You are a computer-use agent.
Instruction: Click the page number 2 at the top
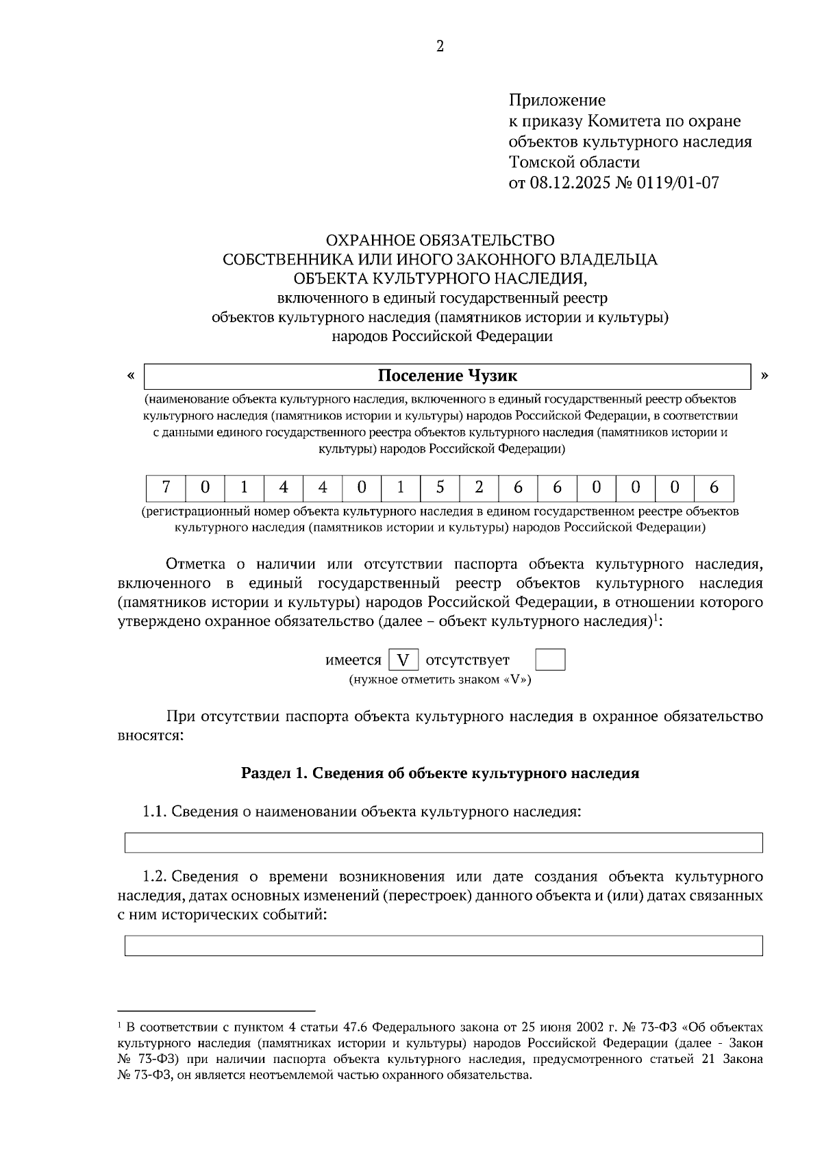point(440,47)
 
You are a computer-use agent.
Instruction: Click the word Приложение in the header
point(556,101)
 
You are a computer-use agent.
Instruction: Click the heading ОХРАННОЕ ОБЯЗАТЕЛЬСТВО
point(440,240)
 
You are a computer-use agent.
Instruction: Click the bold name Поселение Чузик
point(447,376)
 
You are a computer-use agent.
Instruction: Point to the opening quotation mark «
point(130,375)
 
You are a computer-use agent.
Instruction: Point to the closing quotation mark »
point(765,375)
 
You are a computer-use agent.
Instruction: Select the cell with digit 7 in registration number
point(165,488)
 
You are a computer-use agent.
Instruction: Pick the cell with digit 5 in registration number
point(440,488)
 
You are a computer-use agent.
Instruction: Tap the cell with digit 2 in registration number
point(479,488)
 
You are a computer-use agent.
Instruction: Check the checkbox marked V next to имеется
point(403,660)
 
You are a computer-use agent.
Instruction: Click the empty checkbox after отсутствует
point(550,660)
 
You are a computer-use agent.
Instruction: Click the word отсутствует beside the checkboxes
point(468,660)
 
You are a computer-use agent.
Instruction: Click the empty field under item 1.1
point(443,842)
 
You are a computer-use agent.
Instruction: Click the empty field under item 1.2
point(443,945)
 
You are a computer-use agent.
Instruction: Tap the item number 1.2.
point(154,877)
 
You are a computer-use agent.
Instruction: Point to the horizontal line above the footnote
point(216,1010)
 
